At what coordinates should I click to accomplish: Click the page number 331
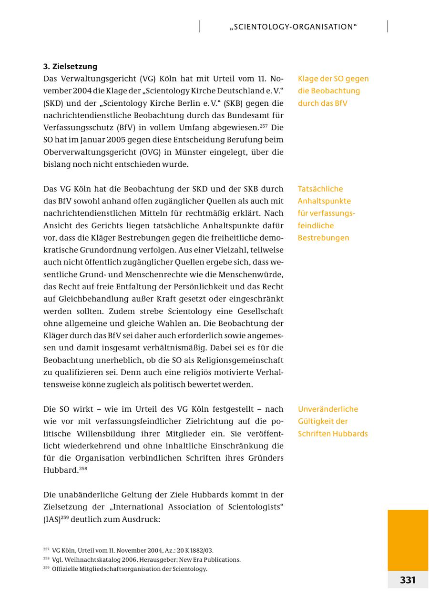point(408,580)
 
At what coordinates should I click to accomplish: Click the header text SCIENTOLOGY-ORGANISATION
point(293,27)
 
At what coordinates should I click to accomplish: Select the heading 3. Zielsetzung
point(70,66)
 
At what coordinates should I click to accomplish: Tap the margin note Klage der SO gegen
point(333,79)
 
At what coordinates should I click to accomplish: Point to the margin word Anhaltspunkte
point(324,201)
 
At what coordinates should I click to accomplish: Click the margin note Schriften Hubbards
point(333,434)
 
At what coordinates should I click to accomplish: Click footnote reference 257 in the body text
point(263,126)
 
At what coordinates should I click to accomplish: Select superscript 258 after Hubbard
point(83,468)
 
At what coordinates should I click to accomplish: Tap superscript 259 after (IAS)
point(65,517)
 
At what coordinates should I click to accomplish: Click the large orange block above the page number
point(408,540)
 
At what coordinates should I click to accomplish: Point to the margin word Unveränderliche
point(328,409)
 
